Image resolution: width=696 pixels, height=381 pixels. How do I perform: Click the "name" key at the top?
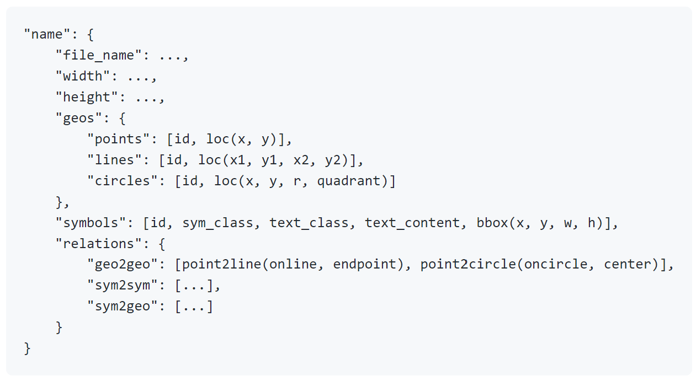point(47,34)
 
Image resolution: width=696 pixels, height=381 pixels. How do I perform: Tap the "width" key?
point(83,76)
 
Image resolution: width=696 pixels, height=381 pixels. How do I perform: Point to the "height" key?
point(87,97)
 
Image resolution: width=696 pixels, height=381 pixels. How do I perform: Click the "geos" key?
point(79,119)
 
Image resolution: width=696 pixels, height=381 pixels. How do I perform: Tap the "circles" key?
point(123,181)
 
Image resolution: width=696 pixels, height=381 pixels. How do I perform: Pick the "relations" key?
point(99,244)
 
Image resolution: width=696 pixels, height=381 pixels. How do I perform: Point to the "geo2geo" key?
point(123,264)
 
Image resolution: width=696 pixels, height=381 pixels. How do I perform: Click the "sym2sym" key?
point(123,286)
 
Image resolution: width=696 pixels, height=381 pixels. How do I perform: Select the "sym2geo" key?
point(123,306)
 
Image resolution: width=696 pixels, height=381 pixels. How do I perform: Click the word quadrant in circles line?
point(348,181)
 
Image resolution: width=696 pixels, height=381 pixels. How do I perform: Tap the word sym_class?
point(218,223)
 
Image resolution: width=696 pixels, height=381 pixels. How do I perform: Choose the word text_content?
point(412,223)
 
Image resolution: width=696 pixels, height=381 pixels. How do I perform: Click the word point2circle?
point(467,265)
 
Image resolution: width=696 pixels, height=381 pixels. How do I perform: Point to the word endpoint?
point(364,265)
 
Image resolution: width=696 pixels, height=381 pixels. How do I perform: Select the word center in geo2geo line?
point(628,264)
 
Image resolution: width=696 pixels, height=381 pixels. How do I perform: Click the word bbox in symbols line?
point(492,223)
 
